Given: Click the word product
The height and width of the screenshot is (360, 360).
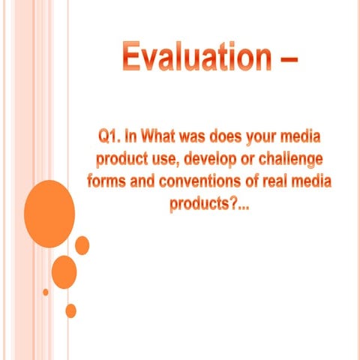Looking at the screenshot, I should (x=124, y=159).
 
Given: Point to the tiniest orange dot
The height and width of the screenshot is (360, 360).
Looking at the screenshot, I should (x=46, y=292).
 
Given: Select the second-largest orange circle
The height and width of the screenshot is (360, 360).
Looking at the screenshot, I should (x=64, y=271).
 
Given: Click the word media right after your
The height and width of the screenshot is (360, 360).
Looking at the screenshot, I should (x=308, y=137).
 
